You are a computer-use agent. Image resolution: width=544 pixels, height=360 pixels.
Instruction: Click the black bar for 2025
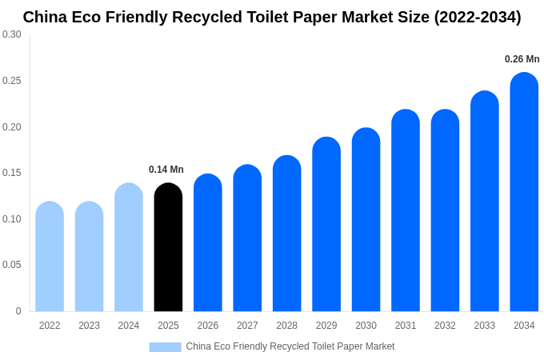[168, 247]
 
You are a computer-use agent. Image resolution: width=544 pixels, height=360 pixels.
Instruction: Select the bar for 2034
[524, 192]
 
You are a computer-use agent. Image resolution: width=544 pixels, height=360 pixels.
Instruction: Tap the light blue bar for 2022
[50, 256]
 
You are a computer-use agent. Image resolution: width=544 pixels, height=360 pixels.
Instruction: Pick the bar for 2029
[326, 224]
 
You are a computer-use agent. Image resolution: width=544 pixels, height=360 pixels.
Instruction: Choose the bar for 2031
[406, 210]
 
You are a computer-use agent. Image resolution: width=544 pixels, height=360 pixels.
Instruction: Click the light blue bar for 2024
[129, 247]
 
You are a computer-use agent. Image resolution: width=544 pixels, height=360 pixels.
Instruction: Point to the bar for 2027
[247, 238]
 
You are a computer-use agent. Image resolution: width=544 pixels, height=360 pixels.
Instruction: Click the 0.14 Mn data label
[166, 170]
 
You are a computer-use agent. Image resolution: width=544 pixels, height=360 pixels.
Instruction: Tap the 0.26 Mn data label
[522, 59]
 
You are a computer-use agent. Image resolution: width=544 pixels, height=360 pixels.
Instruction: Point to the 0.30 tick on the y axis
[12, 34]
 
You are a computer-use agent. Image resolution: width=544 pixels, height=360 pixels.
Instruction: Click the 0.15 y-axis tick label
[12, 173]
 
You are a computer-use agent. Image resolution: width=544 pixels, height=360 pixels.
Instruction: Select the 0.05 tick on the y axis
[12, 265]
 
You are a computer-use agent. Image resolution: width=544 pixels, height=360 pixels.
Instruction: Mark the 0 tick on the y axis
[18, 311]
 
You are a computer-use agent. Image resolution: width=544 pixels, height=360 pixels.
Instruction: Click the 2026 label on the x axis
[208, 326]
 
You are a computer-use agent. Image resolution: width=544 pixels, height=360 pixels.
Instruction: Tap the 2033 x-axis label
[485, 326]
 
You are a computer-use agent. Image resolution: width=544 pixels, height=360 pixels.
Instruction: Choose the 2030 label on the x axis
[366, 326]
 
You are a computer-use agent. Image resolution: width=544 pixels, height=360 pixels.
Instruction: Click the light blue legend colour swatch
[165, 347]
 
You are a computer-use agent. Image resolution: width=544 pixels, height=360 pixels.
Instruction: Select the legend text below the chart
[290, 346]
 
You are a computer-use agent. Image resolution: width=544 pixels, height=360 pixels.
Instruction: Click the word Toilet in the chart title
[278, 17]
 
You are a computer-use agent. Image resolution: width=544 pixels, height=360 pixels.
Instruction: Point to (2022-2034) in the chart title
[477, 17]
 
